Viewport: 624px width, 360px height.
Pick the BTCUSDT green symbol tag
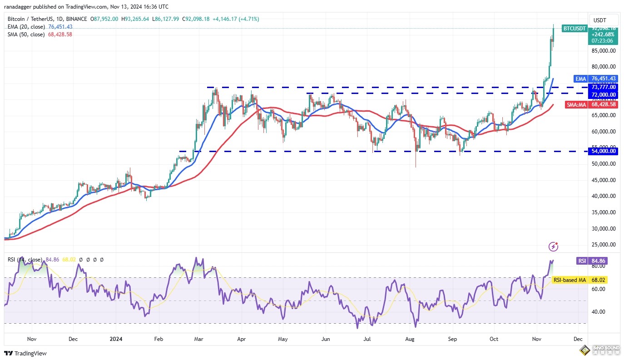coord(574,28)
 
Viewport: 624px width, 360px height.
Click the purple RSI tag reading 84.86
coord(582,261)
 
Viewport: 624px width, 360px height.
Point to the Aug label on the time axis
coord(410,339)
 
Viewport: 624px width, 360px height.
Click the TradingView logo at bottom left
coord(25,353)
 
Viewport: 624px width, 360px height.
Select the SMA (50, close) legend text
coord(26,35)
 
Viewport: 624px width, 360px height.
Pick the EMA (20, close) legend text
coord(26,27)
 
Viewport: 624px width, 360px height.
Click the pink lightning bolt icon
coord(553,247)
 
